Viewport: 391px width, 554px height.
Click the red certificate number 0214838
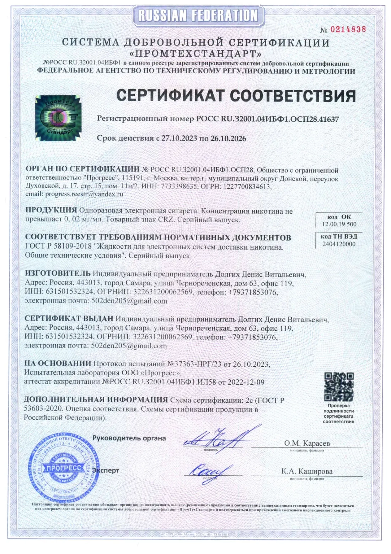[x=348, y=30]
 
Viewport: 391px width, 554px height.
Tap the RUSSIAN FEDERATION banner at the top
[x=198, y=15]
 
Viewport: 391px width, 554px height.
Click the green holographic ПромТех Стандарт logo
[x=58, y=118]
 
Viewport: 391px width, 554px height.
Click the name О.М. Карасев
[x=307, y=443]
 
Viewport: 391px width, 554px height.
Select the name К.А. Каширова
[x=307, y=471]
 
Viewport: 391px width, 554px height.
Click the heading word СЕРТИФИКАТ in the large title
[x=171, y=96]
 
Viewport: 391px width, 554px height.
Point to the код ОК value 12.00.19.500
[x=339, y=224]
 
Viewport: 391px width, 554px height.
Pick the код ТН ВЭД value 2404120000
[x=339, y=244]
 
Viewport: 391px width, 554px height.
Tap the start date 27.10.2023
[x=179, y=138]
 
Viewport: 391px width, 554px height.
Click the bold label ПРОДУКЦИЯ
[x=51, y=210]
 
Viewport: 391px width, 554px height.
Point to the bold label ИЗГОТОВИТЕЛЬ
[x=58, y=274]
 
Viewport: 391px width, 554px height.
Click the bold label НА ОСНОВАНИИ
[x=58, y=364]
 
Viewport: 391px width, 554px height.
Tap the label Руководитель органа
[x=129, y=438]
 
